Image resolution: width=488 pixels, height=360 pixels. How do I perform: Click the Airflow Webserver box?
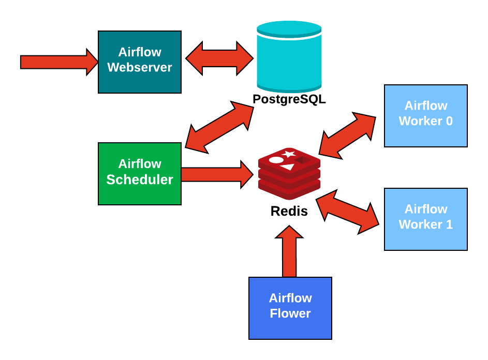140,62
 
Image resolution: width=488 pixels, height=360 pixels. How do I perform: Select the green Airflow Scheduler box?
140,174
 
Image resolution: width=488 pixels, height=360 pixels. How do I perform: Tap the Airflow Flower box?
290,308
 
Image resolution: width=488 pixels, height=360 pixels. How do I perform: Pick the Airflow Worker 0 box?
425,116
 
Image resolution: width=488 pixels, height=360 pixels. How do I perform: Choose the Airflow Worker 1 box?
425,219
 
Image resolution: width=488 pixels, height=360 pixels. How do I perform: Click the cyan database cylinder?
289,59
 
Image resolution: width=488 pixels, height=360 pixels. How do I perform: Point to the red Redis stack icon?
289,174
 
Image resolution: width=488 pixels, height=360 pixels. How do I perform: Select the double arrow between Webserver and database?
219,58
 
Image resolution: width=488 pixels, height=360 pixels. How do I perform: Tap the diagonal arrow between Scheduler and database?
219,127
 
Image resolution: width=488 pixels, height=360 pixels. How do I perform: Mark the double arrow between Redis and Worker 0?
347,135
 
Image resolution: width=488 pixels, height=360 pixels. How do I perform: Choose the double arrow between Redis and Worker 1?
347,212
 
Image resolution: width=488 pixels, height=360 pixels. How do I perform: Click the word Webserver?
140,68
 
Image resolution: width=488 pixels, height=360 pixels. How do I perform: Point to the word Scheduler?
140,179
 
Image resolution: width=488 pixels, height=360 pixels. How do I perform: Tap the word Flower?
290,314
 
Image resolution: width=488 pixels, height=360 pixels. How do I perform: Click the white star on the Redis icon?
289,154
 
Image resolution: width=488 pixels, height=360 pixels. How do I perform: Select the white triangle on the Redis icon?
287,167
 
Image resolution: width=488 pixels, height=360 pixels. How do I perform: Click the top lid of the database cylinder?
289,28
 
